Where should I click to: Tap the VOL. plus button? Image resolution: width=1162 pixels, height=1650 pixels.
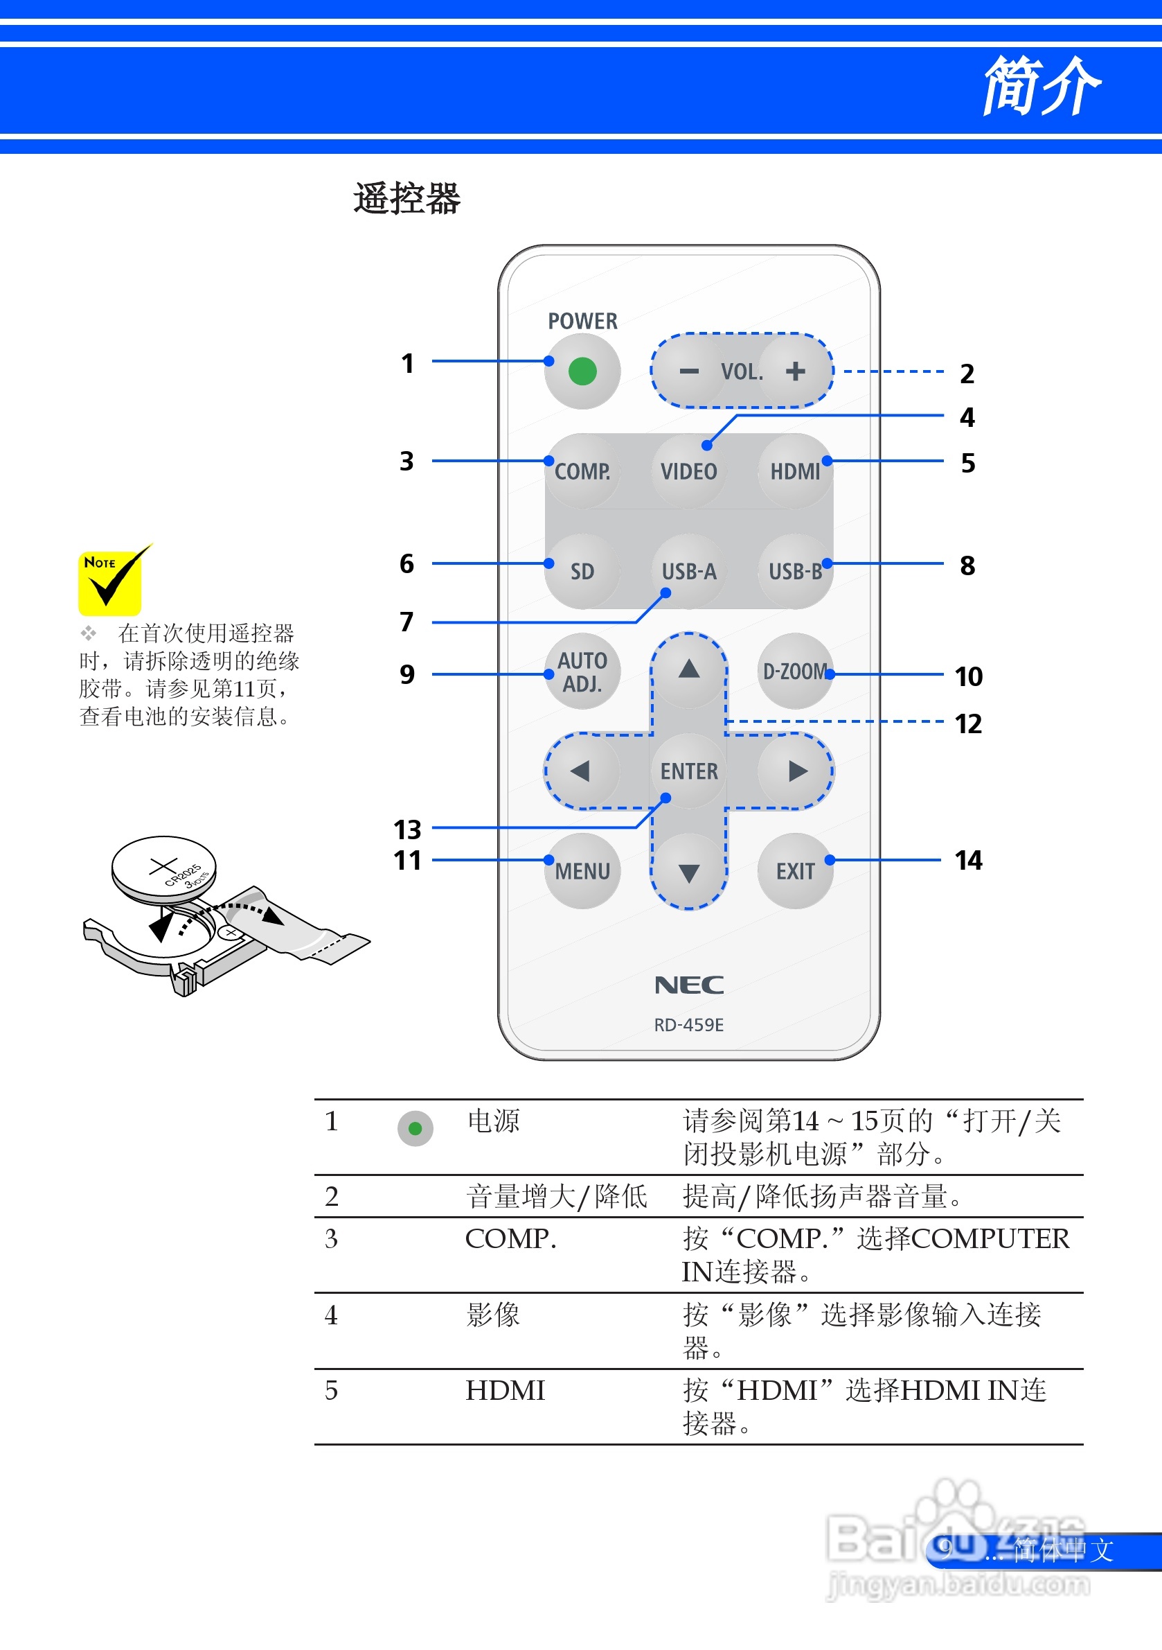pyautogui.click(x=794, y=371)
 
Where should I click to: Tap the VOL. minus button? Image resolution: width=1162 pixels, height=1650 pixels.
pyautogui.click(x=689, y=371)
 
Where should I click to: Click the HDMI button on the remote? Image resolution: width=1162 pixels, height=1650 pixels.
pyautogui.click(x=794, y=471)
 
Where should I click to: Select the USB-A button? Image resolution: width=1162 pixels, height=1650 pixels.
pyautogui.click(x=689, y=571)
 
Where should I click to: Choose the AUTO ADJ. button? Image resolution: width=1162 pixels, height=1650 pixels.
pyautogui.click(x=582, y=672)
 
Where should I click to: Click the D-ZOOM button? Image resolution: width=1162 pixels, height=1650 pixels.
pyautogui.click(x=794, y=672)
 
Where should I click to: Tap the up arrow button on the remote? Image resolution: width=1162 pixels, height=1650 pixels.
pyautogui.click(x=689, y=670)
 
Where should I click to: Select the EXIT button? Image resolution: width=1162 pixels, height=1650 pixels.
pyautogui.click(x=794, y=871)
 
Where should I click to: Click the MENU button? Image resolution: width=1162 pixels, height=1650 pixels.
pyautogui.click(x=582, y=871)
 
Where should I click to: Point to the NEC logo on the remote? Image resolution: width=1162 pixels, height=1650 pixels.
pyautogui.click(x=689, y=985)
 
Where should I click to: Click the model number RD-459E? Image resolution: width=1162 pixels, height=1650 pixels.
pyautogui.click(x=689, y=1025)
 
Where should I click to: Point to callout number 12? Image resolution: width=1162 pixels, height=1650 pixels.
pyautogui.click(x=968, y=723)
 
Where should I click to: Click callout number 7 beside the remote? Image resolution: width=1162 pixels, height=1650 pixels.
pyautogui.click(x=406, y=622)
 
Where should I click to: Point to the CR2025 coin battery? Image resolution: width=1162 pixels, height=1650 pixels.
pyautogui.click(x=164, y=868)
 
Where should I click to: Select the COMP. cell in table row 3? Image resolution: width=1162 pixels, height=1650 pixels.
pyautogui.click(x=510, y=1239)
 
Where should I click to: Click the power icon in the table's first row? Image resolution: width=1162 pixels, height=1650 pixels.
pyautogui.click(x=415, y=1128)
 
